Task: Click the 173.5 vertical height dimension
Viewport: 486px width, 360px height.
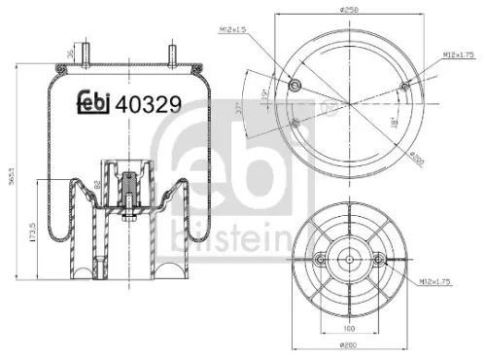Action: [x=34, y=234]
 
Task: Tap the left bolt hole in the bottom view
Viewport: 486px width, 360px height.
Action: [x=320, y=259]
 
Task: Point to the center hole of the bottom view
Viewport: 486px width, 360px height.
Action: [x=347, y=259]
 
